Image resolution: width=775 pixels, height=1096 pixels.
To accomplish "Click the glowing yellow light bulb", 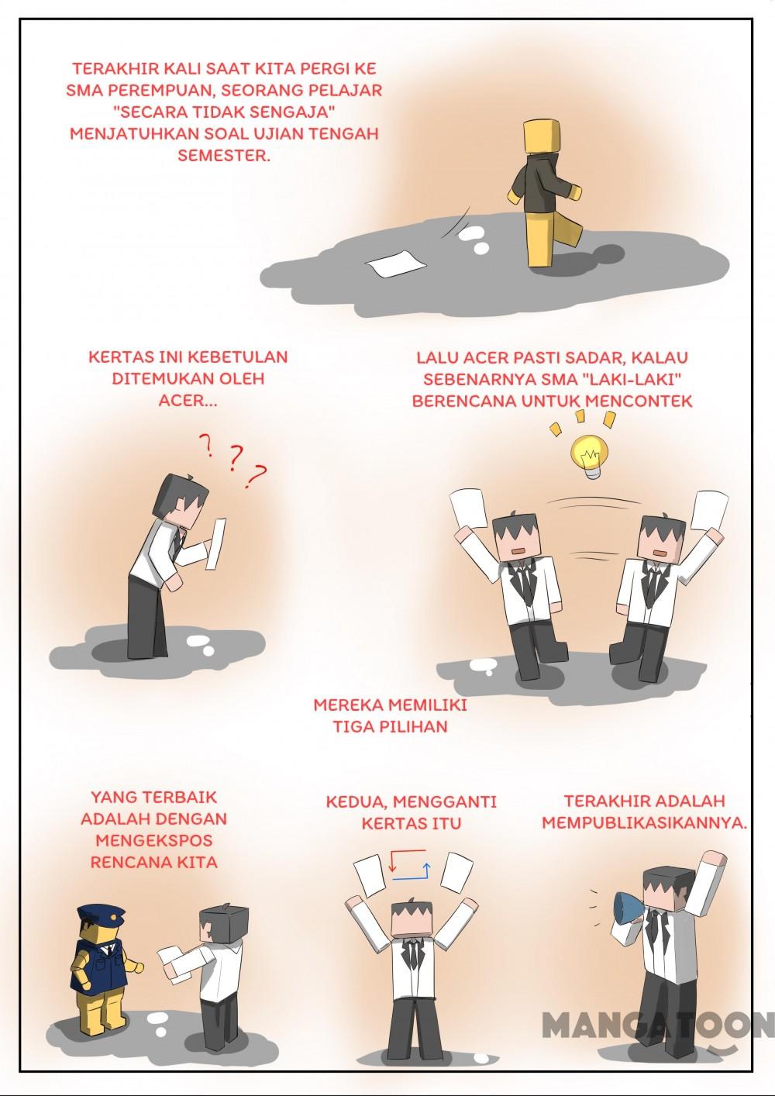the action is click(x=591, y=456).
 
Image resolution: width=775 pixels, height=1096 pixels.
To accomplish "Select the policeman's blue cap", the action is click(x=101, y=914).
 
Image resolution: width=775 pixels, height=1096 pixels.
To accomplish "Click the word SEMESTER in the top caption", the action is click(x=224, y=156).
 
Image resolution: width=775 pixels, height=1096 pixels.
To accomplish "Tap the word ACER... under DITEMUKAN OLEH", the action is click(x=188, y=401).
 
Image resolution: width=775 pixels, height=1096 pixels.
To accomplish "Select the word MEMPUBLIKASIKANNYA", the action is click(x=644, y=823).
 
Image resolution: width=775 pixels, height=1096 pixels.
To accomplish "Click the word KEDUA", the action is click(x=356, y=802).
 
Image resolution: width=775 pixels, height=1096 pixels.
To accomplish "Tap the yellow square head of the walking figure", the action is click(x=542, y=139).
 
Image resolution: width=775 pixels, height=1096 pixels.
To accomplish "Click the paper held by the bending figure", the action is click(x=215, y=543).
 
